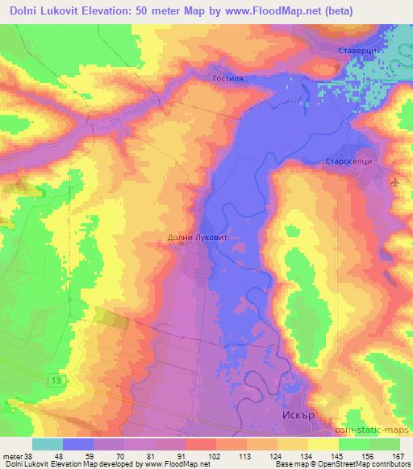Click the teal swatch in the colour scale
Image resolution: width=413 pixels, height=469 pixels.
(x=48, y=444)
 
